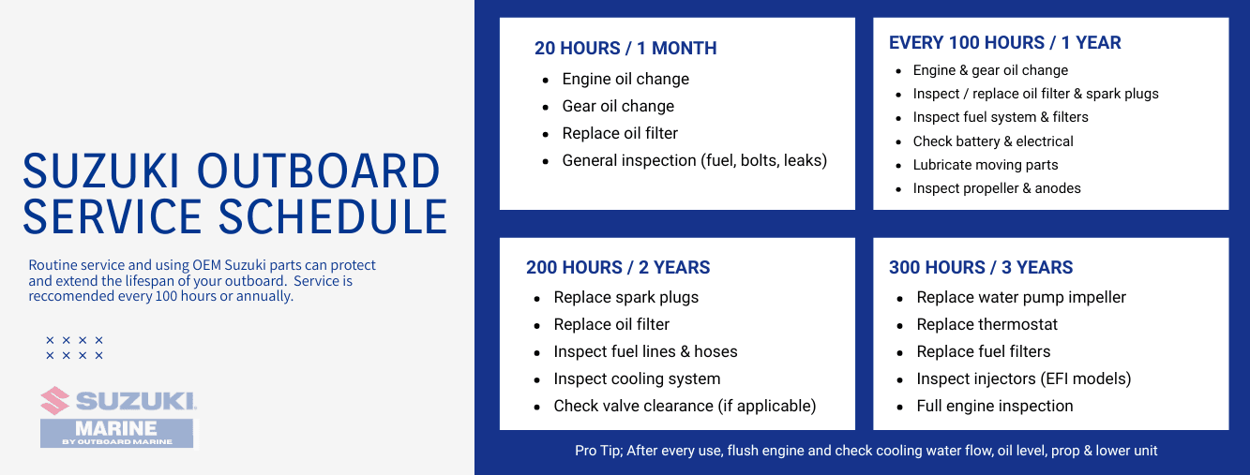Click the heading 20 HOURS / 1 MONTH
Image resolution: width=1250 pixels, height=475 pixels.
[x=625, y=49]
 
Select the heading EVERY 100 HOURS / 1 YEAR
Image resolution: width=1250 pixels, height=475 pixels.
[x=1004, y=43]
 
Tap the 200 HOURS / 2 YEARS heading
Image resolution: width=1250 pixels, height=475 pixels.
[x=618, y=268]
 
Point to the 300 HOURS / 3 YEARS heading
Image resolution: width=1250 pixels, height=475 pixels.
[x=981, y=268]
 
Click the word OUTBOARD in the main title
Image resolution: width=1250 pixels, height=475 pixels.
[x=318, y=172]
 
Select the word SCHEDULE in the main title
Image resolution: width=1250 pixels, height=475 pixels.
[x=333, y=216]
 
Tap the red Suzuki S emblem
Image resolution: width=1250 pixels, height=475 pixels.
[x=55, y=401]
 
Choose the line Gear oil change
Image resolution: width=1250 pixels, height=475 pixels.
[x=618, y=107]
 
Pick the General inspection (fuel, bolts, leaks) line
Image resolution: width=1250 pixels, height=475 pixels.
[x=694, y=161]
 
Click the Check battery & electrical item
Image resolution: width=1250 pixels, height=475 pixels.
[x=993, y=141]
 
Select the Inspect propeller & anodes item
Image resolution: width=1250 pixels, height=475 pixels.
[x=997, y=188]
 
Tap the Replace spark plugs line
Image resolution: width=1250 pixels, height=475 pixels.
[x=625, y=298]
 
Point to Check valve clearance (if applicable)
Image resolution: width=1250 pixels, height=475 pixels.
[x=685, y=407]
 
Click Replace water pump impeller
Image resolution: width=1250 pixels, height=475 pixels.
[x=1021, y=298]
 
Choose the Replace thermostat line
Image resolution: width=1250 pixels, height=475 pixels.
[x=986, y=325]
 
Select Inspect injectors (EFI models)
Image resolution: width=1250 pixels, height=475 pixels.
[x=1024, y=379]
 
